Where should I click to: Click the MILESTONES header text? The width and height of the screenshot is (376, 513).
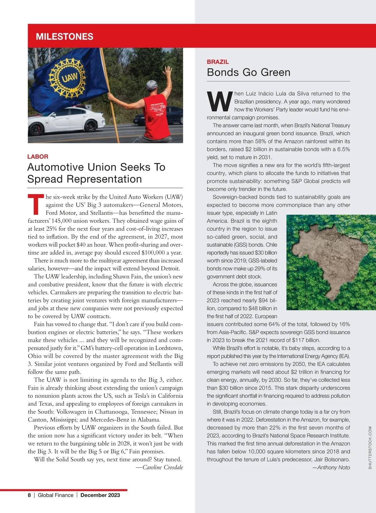pos(65,37)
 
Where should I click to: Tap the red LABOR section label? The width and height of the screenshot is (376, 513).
pos(38,157)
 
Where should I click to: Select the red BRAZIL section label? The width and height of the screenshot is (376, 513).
pos(218,62)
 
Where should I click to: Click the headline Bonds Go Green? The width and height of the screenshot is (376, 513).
pos(248,72)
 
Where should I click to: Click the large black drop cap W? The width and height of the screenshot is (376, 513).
pos(220,101)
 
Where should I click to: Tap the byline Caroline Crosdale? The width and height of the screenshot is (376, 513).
pos(163,467)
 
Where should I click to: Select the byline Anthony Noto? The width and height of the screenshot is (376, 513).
pos(333,467)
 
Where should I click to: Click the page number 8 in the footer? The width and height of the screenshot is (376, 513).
pos(29,495)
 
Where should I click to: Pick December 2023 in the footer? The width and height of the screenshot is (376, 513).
pos(100,495)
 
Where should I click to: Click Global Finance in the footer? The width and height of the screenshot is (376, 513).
pos(55,495)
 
